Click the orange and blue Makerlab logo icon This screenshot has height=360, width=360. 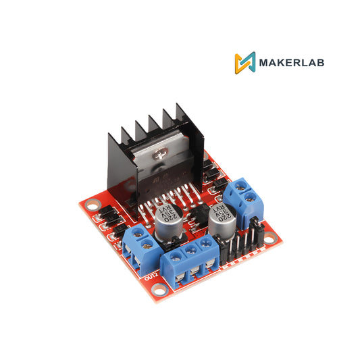(245, 63)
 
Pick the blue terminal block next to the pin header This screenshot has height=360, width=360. (242, 197)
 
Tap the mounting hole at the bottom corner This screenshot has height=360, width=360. (159, 289)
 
